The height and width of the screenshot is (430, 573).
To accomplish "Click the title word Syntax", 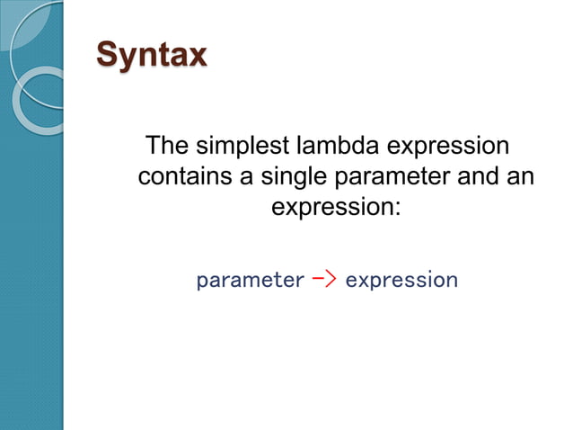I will pos(152,55).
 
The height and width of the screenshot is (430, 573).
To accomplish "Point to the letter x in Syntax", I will pos(196,55).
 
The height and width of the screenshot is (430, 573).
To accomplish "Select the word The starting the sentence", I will pos(171,146).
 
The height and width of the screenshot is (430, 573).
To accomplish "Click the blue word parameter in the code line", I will pos(250,281).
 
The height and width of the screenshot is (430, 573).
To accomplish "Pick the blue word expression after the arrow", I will pos(401,281).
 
